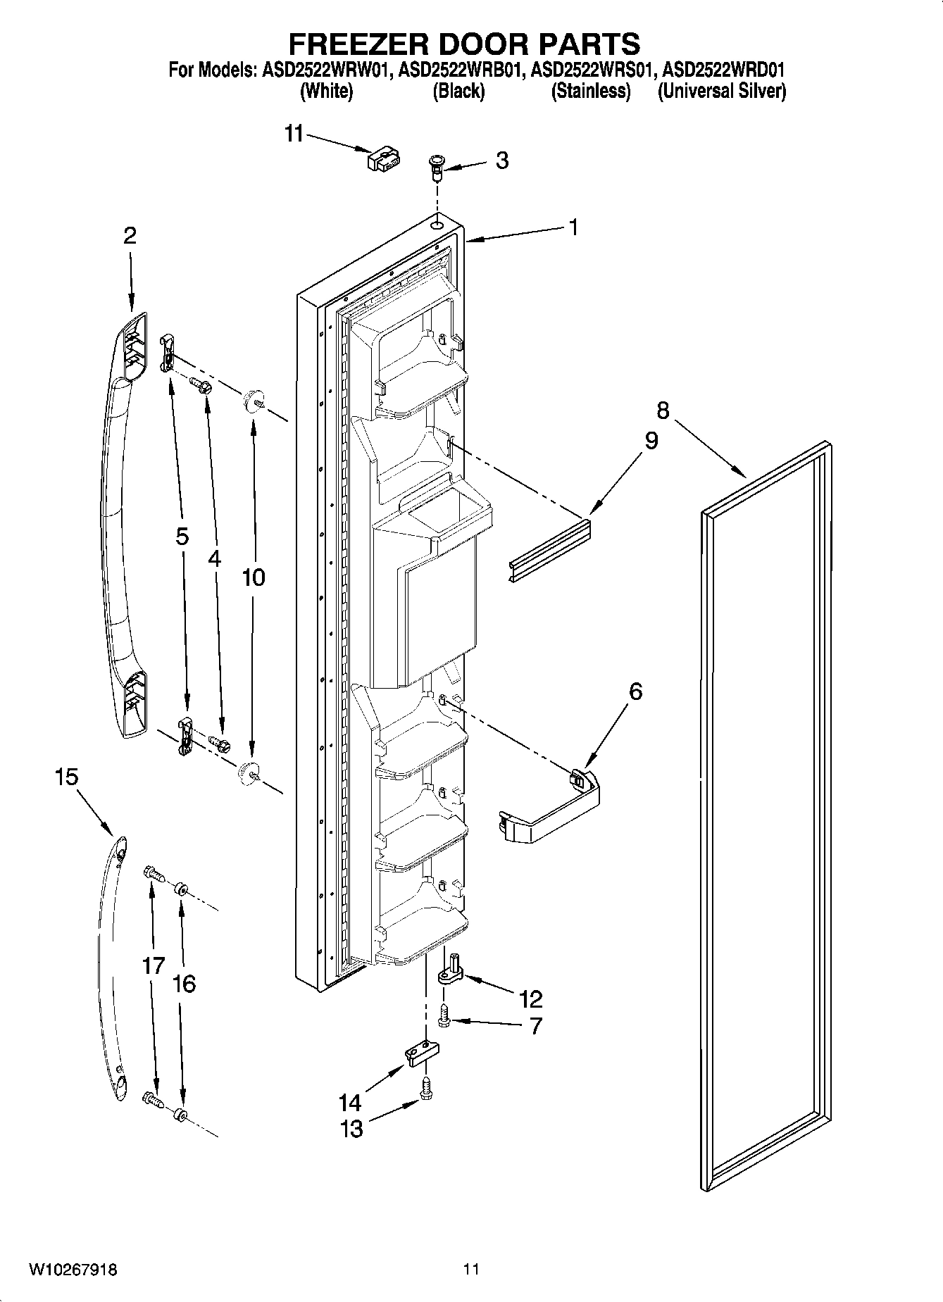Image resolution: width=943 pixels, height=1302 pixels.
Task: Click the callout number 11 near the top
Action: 294,133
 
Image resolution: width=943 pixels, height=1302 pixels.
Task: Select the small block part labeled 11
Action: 383,160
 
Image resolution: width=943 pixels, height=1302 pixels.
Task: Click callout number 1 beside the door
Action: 573,227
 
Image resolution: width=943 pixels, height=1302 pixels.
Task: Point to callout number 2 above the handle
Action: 130,235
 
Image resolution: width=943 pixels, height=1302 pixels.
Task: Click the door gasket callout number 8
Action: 662,411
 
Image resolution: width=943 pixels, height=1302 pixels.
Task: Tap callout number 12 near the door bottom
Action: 530,999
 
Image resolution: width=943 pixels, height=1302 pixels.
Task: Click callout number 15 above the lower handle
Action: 67,777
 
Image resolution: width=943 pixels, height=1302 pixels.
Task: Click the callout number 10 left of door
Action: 253,577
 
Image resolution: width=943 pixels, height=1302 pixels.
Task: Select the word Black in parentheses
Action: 458,91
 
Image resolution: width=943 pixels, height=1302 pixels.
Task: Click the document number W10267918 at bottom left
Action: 73,1270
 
